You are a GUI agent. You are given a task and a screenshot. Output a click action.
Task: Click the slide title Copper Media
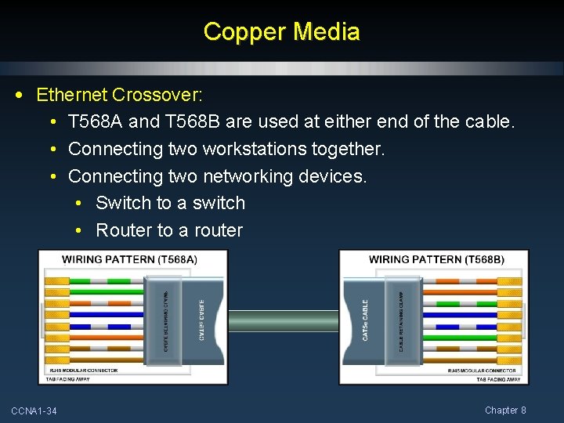point(281,32)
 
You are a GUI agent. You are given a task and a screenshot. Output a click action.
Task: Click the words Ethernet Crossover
point(119,96)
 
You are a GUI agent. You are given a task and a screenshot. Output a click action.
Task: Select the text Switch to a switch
point(170,203)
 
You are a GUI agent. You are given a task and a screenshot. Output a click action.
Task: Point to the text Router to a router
point(169,230)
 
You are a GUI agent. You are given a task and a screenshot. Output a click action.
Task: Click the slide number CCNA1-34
point(34,411)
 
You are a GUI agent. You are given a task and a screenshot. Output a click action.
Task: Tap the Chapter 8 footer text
point(505,410)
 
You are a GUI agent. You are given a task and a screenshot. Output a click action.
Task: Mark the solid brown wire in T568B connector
point(470,360)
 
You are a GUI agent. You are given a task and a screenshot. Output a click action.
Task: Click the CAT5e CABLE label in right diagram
point(365,319)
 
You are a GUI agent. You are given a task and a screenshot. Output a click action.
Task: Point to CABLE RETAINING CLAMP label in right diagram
point(401,319)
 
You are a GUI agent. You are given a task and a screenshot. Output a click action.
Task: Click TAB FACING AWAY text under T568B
point(498,379)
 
